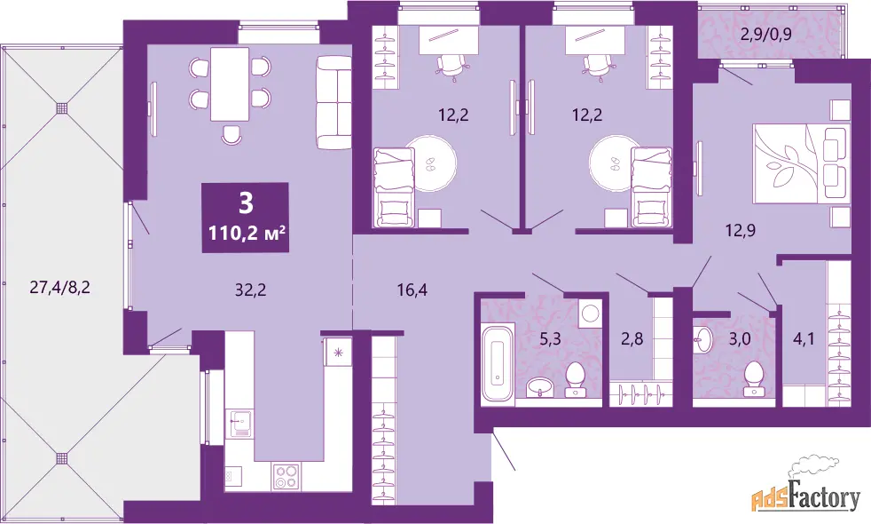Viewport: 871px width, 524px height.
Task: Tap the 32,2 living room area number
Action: [x=250, y=290]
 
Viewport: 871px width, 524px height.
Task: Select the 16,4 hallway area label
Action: [x=412, y=290]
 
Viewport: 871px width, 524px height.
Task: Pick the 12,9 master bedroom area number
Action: [x=740, y=230]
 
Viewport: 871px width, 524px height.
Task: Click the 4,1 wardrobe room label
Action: [x=804, y=337]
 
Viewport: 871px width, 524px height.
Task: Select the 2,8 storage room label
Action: [x=632, y=337]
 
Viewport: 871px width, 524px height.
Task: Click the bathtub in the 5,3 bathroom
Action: [x=498, y=363]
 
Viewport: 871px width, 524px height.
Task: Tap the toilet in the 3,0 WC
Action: [x=753, y=379]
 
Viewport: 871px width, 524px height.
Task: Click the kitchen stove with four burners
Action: [x=286, y=476]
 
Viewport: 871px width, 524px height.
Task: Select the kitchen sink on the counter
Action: [x=240, y=425]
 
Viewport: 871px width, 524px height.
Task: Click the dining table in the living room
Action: [x=229, y=84]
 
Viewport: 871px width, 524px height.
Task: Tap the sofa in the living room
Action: [x=333, y=102]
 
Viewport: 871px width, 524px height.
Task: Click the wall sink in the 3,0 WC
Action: [x=703, y=339]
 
